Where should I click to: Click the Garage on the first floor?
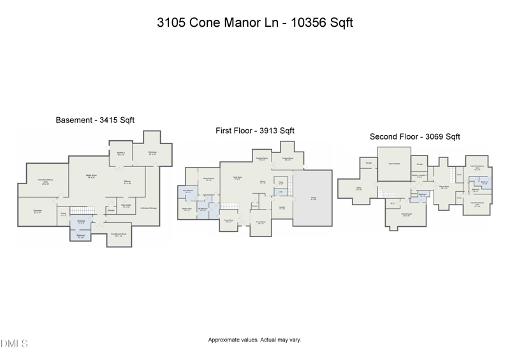pos(312,198)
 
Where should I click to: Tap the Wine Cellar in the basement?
pos(126,206)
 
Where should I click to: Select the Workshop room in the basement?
pos(152,153)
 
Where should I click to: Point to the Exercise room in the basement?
pos(37,212)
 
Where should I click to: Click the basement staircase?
pos(81,210)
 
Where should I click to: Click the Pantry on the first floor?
pos(279,183)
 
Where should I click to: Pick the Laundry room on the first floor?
pos(281,206)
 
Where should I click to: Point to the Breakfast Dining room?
pos(261,159)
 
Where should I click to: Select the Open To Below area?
pos(393,164)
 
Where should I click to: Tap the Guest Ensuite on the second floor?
pos(404,214)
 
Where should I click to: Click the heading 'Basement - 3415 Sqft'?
pos(95,120)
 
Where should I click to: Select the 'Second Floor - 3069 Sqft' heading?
pos(415,136)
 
